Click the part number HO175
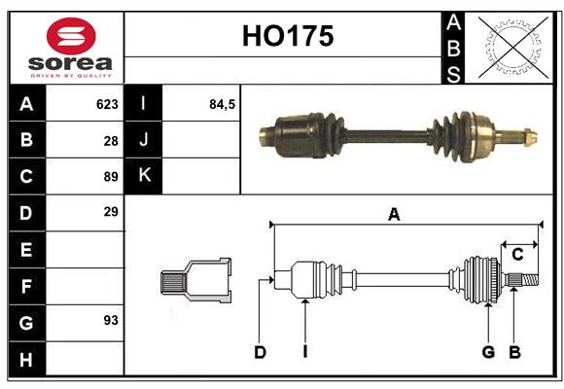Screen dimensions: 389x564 click(287, 37)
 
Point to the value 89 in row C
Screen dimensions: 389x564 click(109, 176)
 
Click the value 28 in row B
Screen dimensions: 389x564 click(110, 140)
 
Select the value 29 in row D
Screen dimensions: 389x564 click(110, 211)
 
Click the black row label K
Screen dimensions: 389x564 click(145, 176)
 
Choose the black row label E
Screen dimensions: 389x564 click(26, 249)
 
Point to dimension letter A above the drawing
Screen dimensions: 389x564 click(394, 215)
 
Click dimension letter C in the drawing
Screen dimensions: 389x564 click(517, 255)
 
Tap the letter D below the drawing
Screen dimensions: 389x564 click(260, 352)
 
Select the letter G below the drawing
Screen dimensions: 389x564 click(489, 352)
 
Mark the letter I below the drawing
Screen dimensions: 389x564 click(304, 352)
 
